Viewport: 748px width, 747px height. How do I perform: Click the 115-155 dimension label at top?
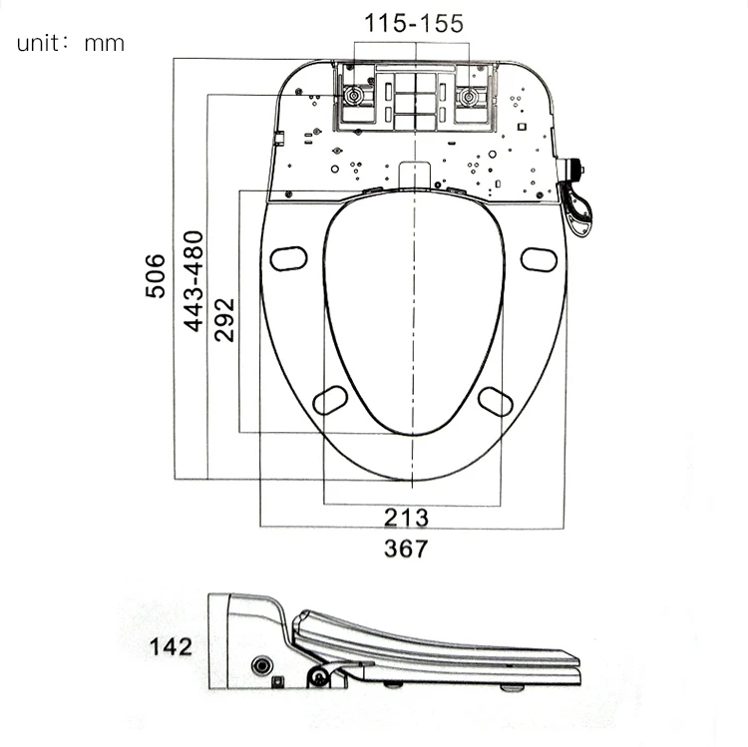[413, 24]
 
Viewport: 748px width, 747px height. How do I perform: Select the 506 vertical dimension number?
[155, 275]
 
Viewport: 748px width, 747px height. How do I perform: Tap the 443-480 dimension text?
[192, 280]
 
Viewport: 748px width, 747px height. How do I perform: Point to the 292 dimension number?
[225, 319]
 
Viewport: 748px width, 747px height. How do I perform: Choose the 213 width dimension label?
[406, 518]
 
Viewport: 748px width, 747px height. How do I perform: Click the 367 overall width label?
[406, 549]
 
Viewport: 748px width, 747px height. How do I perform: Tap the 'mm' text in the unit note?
[105, 44]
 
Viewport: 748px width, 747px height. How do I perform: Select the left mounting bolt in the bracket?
[354, 97]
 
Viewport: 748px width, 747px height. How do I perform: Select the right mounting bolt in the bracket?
[468, 97]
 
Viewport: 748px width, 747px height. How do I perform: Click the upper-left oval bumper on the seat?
[287, 257]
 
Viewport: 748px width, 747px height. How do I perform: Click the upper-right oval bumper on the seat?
[538, 258]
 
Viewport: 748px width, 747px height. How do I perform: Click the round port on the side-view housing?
[264, 665]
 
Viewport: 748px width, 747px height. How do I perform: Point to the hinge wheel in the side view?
[319, 678]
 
